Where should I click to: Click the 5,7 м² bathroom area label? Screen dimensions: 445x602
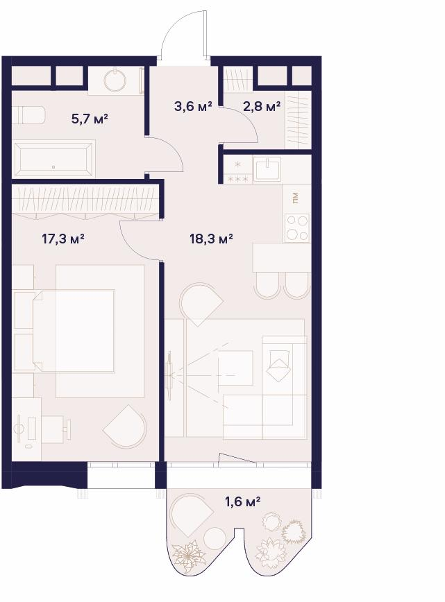89,119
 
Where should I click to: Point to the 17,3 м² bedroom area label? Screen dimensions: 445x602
63,239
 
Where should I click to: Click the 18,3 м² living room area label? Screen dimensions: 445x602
211,239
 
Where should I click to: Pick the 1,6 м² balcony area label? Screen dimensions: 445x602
243,501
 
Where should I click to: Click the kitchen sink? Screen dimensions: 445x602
268,169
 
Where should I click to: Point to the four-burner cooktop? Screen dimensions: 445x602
297,227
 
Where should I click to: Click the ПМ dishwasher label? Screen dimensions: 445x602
295,198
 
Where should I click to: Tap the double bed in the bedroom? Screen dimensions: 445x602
74,331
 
